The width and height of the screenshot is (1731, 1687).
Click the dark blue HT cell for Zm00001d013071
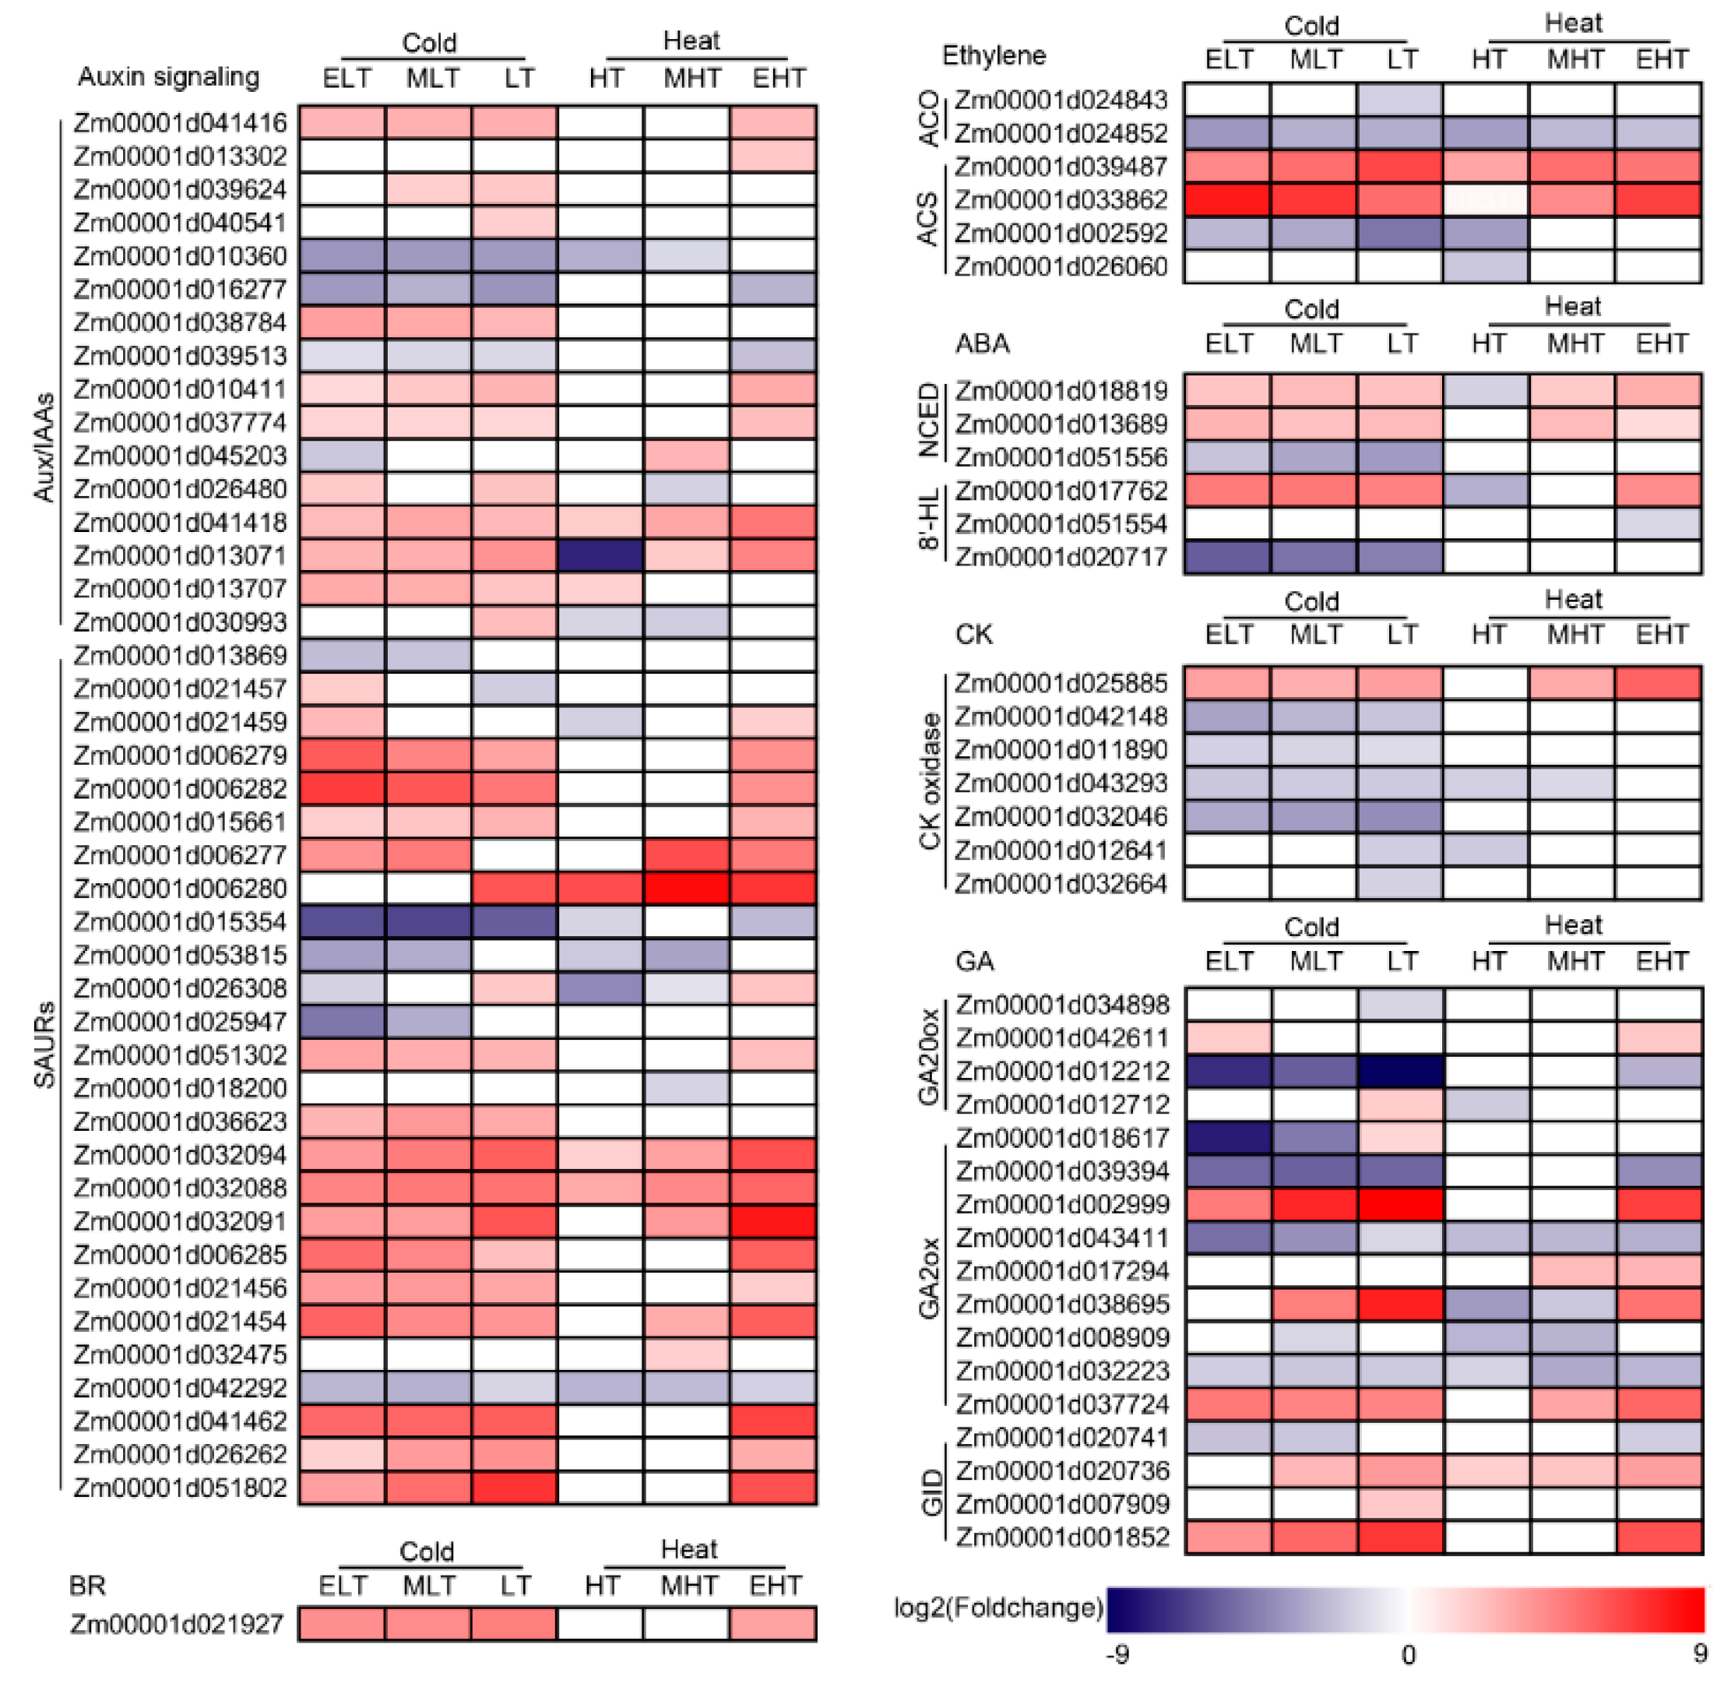click(600, 555)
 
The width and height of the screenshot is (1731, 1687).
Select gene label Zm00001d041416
click(180, 122)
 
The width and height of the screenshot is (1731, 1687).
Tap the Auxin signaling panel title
click(168, 77)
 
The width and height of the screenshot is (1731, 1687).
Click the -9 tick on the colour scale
click(1118, 1654)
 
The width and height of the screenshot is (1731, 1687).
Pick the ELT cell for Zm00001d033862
click(1227, 200)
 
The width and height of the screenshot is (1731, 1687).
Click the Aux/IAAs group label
click(44, 447)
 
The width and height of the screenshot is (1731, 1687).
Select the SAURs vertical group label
click(44, 1045)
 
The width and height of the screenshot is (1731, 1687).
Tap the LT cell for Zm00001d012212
click(1401, 1071)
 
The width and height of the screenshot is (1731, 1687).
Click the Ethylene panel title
click(993, 56)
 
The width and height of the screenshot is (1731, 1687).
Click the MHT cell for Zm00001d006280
click(688, 889)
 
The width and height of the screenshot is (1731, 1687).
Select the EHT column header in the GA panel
click(1661, 961)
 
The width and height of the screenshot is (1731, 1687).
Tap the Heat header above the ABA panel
click(1572, 307)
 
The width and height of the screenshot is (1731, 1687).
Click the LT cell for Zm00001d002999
click(1401, 1204)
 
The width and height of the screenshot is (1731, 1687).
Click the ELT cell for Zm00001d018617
click(1229, 1138)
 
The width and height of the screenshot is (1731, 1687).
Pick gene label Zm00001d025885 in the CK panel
click(1061, 683)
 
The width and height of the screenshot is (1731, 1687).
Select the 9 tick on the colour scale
click(1699, 1654)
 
